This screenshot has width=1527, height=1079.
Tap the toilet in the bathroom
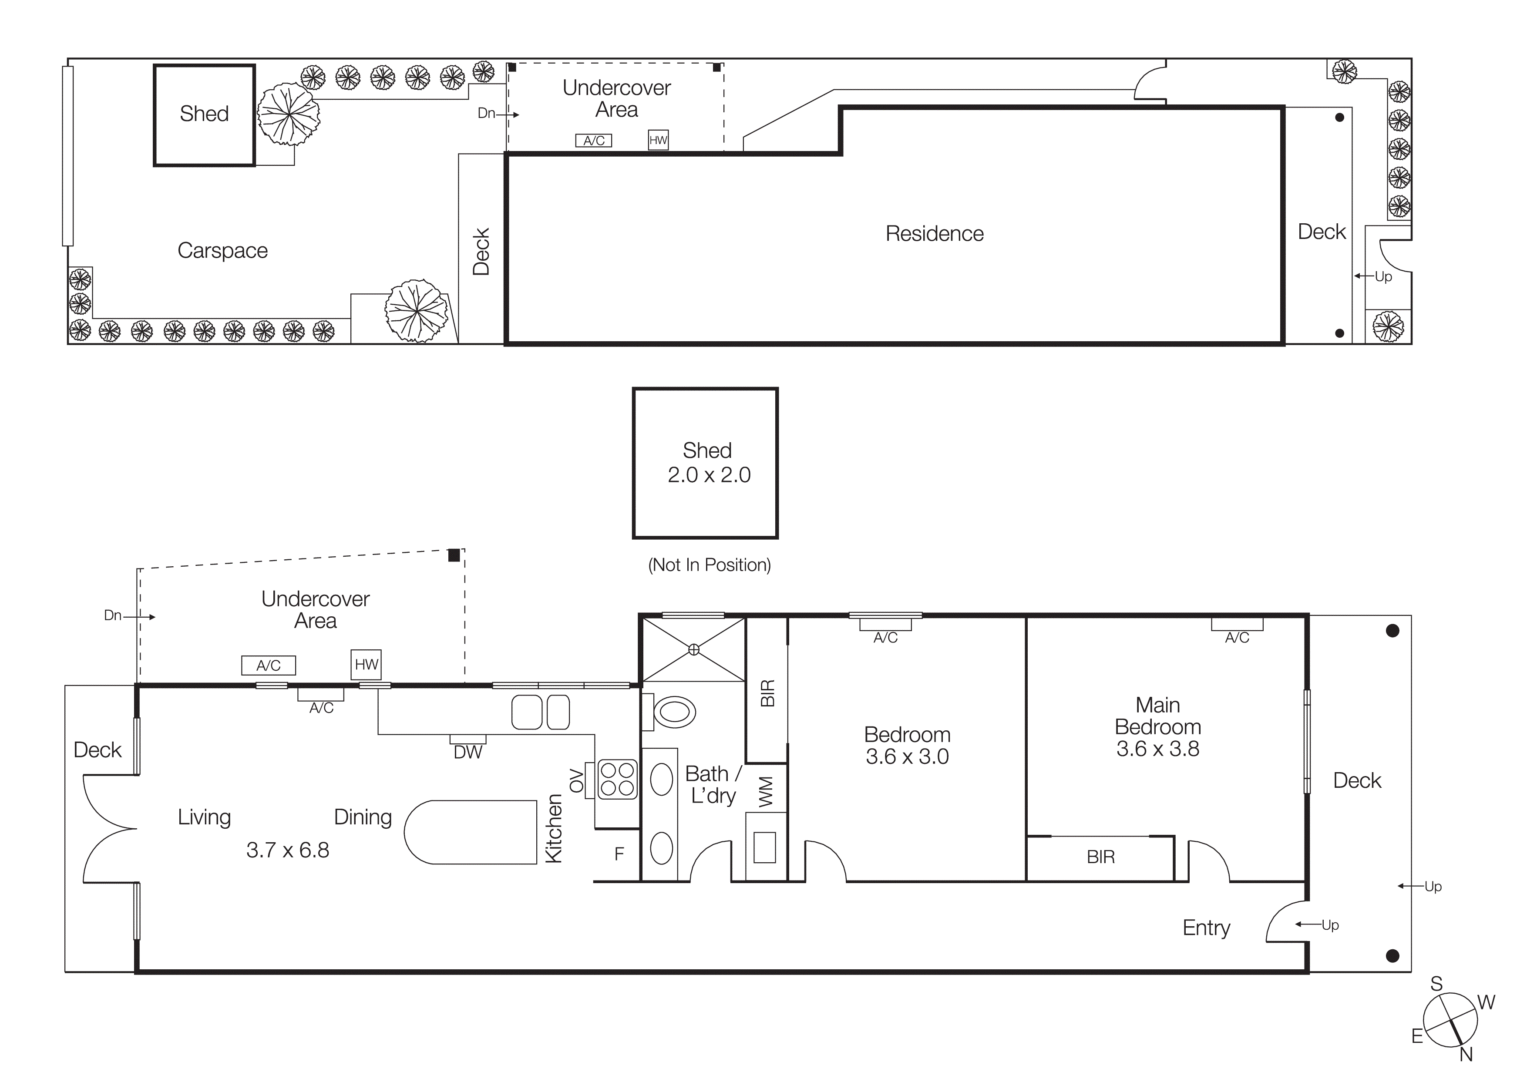[673, 712]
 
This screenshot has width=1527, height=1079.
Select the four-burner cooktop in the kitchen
[617, 779]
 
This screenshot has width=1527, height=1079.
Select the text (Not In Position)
[709, 565]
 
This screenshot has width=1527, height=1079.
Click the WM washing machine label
[766, 792]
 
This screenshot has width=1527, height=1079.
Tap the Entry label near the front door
[1206, 928]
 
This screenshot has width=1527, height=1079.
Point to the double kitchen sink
[540, 712]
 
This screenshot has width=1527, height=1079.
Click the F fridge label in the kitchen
[619, 854]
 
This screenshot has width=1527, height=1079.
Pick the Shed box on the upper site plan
[204, 114]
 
